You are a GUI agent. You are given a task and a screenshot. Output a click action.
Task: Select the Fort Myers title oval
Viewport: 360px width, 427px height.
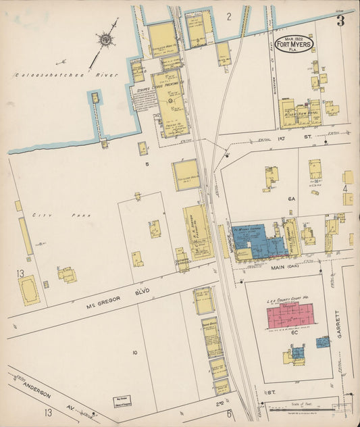(x=294, y=43)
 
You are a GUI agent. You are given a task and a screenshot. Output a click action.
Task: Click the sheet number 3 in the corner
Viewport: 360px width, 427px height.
(x=341, y=21)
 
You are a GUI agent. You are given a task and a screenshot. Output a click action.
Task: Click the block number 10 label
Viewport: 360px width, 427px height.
(x=135, y=353)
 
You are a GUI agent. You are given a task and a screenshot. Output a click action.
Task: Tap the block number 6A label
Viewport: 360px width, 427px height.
(x=291, y=199)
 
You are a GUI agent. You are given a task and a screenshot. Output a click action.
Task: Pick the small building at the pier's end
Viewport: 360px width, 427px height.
(x=95, y=98)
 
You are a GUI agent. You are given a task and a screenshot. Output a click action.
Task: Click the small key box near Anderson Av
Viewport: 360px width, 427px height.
(x=122, y=403)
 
